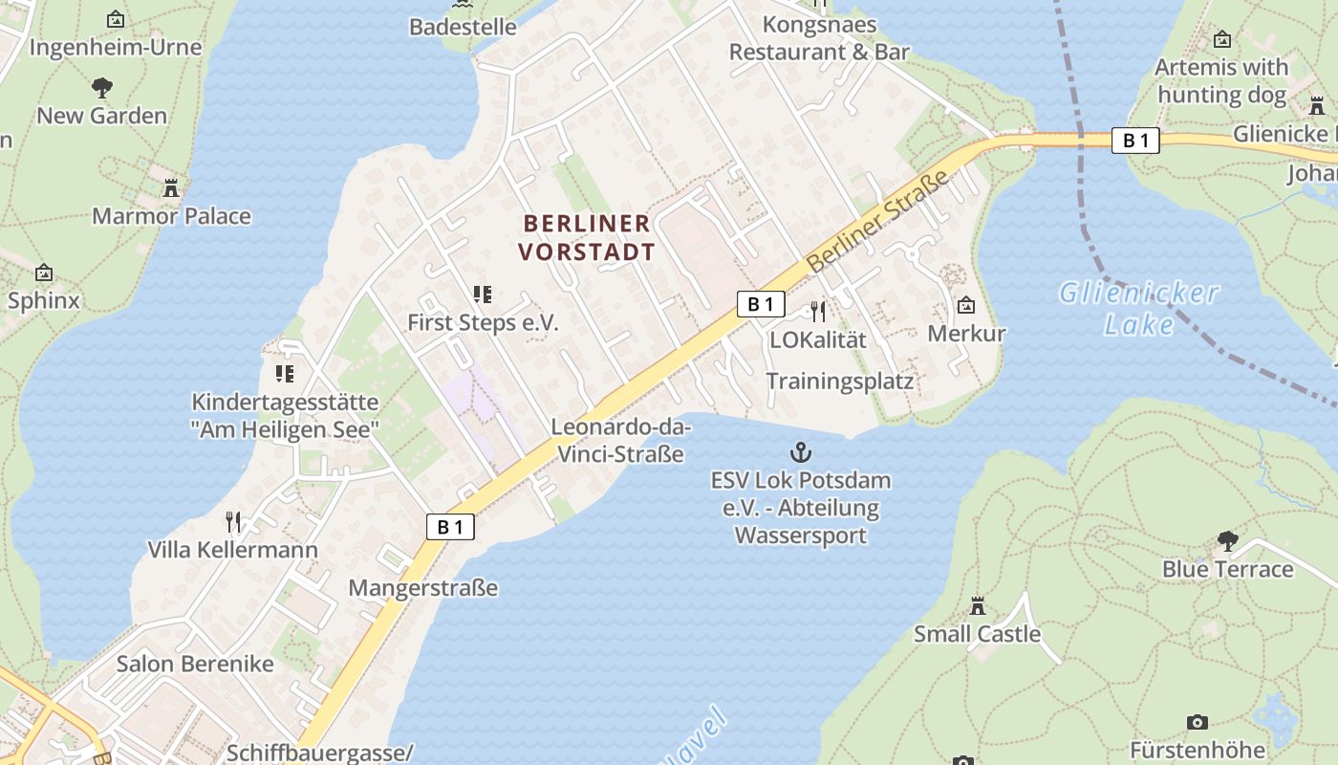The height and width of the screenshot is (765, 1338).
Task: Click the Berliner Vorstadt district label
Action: [x=588, y=237]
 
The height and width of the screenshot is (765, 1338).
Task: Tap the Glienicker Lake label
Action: [x=1138, y=308]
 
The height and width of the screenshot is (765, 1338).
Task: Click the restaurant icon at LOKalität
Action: [x=817, y=311]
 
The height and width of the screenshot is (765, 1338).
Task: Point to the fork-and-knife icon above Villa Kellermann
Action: [x=232, y=521]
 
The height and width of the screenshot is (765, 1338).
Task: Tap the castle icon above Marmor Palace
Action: [x=171, y=187]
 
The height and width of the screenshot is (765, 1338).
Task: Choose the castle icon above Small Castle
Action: [x=977, y=605]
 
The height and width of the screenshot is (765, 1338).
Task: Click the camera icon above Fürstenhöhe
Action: [x=1197, y=722]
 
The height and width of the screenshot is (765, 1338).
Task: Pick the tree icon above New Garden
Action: [x=101, y=88]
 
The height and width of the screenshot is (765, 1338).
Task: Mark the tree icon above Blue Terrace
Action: [x=1227, y=541]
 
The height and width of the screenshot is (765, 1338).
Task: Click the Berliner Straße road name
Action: [x=878, y=221]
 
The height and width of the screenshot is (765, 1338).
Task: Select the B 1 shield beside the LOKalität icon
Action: [x=761, y=304]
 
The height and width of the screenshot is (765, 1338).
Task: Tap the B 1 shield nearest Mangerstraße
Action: [x=450, y=526]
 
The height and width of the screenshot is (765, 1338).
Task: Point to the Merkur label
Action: [x=966, y=334]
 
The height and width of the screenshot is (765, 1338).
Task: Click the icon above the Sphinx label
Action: [x=43, y=273]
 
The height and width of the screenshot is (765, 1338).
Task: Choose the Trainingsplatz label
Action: [x=839, y=382]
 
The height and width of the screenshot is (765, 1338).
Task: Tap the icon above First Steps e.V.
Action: [x=483, y=295]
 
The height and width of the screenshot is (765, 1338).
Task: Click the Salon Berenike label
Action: [x=195, y=664]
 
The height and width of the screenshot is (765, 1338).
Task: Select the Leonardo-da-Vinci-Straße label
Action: [x=620, y=440]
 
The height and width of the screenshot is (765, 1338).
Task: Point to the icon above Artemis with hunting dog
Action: [x=1221, y=39]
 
